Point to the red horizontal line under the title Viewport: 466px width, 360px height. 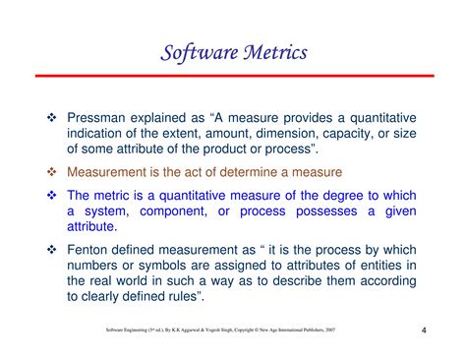(233, 76)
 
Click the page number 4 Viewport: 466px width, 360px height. (424, 330)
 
